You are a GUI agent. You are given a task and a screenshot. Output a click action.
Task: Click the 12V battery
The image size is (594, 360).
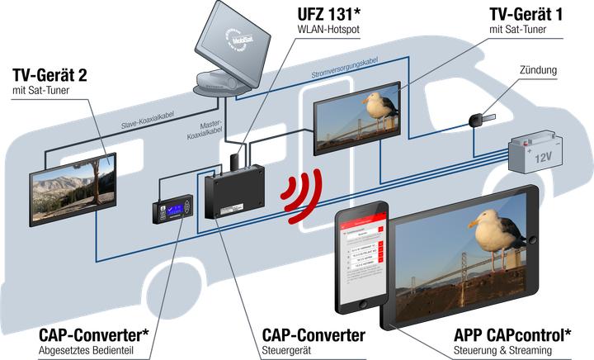[533, 154]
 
